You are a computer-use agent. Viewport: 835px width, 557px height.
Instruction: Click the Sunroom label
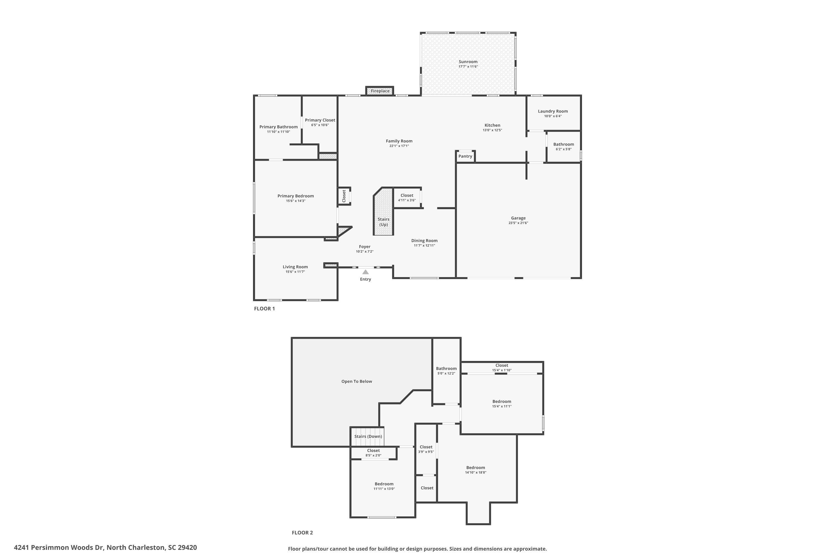(x=468, y=62)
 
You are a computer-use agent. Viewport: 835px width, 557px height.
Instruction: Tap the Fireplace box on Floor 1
(x=380, y=91)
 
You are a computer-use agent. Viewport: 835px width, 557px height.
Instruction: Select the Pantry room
(x=465, y=156)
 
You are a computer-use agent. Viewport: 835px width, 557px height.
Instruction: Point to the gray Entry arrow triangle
(x=365, y=272)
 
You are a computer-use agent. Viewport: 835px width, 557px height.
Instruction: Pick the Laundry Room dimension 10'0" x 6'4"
(x=553, y=116)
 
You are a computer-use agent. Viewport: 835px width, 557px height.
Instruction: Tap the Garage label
(x=518, y=218)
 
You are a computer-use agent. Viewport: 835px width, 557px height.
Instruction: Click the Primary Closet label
(x=320, y=120)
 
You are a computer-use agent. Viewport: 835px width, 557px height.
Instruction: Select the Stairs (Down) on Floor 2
(x=368, y=437)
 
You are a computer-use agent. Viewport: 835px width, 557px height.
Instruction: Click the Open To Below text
(x=357, y=382)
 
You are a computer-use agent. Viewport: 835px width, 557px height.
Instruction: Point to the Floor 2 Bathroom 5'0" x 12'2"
(x=446, y=371)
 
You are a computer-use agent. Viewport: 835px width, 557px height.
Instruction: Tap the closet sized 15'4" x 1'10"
(x=501, y=368)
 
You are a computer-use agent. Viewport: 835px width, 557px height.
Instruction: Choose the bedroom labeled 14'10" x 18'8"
(x=475, y=470)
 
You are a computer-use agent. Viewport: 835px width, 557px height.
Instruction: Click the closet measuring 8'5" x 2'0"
(x=373, y=453)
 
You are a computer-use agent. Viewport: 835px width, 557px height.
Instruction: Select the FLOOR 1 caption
(x=264, y=309)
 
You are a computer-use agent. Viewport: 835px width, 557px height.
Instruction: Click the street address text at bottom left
(x=105, y=548)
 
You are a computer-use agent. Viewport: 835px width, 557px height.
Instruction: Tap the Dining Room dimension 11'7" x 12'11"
(x=424, y=245)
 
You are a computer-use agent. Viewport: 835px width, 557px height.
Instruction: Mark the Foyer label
(x=364, y=246)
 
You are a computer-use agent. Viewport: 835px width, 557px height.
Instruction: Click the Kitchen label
(x=492, y=125)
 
